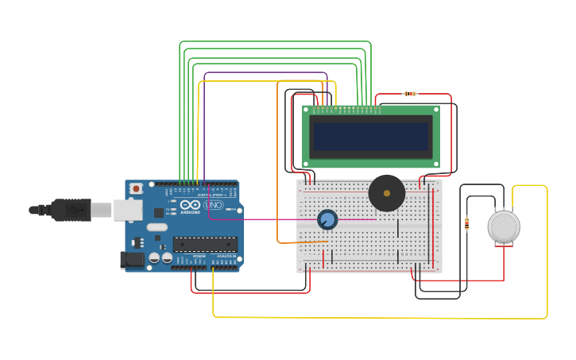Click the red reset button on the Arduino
(137, 188)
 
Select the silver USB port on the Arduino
(127, 210)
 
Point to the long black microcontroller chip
(205, 245)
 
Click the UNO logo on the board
(214, 205)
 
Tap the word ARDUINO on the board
(191, 212)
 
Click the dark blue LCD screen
(371, 137)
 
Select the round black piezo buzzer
(387, 193)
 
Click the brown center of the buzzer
(387, 193)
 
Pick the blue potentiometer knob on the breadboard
(327, 219)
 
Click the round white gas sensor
(504, 226)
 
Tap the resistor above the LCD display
(410, 94)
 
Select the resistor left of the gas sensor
(466, 224)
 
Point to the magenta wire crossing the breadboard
(270, 219)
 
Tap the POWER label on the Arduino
(199, 257)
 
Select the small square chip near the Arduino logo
(159, 212)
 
